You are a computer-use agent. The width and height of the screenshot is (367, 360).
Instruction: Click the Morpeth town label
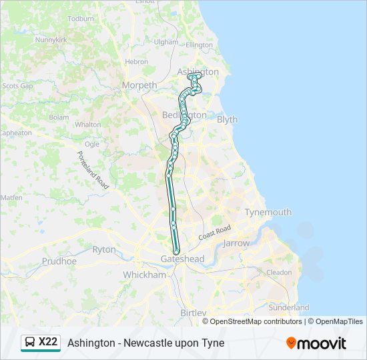pyautogui.click(x=139, y=85)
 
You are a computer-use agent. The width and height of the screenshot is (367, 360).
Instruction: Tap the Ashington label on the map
pyautogui.click(x=198, y=71)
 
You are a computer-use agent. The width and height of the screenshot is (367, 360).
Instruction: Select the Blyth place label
pyautogui.click(x=227, y=119)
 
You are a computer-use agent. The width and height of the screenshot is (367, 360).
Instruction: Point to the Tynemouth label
pyautogui.click(x=268, y=212)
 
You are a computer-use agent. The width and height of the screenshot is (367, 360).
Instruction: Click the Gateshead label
pyautogui.click(x=182, y=259)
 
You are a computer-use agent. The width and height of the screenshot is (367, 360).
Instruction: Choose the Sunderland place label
pyautogui.click(x=288, y=307)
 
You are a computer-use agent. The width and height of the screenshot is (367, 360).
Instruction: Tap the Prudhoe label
pyautogui.click(x=59, y=261)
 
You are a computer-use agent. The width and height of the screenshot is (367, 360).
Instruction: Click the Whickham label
pyautogui.click(x=144, y=275)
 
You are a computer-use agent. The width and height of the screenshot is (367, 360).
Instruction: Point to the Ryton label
pyautogui.click(x=103, y=249)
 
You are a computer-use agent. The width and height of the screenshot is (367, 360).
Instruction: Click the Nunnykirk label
pyautogui.click(x=53, y=40)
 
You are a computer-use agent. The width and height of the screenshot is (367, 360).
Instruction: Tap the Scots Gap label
pyautogui.click(x=17, y=86)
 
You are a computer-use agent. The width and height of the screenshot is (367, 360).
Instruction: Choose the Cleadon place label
pyautogui.click(x=279, y=272)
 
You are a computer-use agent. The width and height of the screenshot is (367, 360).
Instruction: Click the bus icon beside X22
pyautogui.click(x=30, y=343)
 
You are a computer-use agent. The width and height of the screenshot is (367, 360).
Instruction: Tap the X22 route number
pyautogui.click(x=49, y=343)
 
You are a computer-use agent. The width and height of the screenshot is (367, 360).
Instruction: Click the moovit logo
pyautogui.click(x=316, y=343)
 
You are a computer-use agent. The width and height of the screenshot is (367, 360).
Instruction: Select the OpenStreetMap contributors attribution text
pyautogui.click(x=256, y=321)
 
